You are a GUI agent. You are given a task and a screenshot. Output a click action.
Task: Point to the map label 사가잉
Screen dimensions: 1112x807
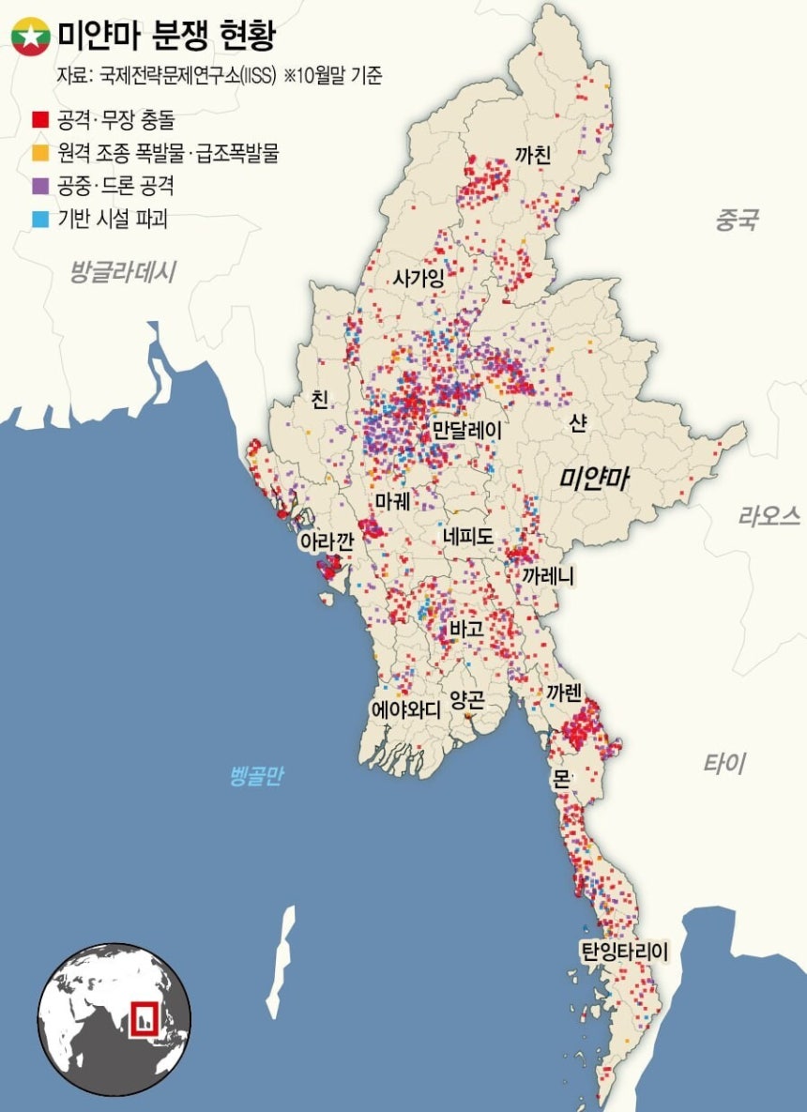419,279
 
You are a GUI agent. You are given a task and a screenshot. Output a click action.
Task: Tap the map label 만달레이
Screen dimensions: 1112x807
466,431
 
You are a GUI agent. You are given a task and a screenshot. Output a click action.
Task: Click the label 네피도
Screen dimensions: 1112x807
469,535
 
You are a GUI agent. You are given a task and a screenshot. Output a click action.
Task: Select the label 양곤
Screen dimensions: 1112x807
468,699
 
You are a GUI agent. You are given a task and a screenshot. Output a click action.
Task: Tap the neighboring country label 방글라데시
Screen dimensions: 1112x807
123,272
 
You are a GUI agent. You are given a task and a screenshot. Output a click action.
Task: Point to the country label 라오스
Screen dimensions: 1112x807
769,515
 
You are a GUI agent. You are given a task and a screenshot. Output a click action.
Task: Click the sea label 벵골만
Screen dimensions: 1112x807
256,776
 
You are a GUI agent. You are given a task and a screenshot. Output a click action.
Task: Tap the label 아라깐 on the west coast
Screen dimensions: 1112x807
325,541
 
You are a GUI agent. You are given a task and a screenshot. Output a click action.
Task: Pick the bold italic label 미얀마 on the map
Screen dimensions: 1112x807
594,479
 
